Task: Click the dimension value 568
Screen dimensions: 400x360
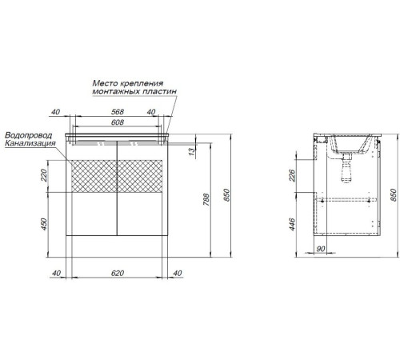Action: point(118,112)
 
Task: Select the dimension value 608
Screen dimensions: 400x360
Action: point(118,122)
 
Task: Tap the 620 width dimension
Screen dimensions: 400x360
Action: point(118,273)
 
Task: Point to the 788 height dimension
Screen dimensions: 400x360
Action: point(206,199)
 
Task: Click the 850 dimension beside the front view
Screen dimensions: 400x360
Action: point(226,195)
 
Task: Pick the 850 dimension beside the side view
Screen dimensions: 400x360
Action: point(394,195)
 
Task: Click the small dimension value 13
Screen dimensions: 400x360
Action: point(192,152)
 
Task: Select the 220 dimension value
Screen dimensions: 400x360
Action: point(44,175)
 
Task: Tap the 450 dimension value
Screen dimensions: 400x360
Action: point(44,224)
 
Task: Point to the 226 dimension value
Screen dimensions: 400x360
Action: point(292,175)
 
